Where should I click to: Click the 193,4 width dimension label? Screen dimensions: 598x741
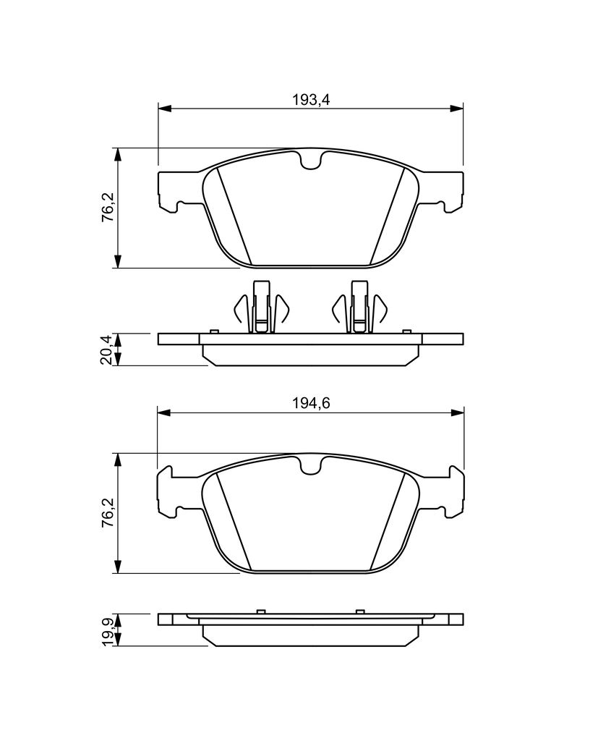pos(310,100)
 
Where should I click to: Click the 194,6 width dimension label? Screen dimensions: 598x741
pos(310,403)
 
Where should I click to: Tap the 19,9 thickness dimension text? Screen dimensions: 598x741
pos(107,630)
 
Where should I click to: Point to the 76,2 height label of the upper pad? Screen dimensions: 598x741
pos(107,208)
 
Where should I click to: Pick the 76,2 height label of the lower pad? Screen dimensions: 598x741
pos(107,512)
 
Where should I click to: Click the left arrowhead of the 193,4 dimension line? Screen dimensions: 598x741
pos(163,109)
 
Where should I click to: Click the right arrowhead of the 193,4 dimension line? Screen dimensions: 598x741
pos(457,109)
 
